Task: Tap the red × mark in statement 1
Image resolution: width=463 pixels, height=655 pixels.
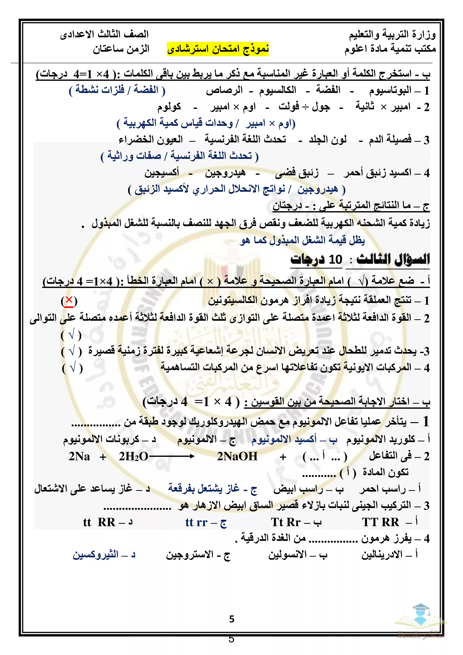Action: tap(69, 301)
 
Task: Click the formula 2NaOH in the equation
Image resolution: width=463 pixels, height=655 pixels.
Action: tap(237, 457)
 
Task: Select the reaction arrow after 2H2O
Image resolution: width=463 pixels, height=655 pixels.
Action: tap(172, 457)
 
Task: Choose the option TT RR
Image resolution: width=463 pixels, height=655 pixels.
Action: tap(380, 522)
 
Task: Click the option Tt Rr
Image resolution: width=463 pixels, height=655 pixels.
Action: tap(286, 522)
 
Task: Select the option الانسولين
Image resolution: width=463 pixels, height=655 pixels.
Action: tap(287, 555)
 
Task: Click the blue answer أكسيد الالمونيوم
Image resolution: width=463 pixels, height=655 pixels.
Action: tap(284, 439)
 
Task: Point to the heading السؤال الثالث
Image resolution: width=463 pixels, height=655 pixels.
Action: tap(393, 260)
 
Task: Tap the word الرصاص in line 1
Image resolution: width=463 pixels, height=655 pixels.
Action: tap(224, 90)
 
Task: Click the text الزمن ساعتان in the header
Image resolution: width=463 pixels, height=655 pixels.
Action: tap(121, 49)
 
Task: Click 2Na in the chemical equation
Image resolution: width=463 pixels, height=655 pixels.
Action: tap(79, 457)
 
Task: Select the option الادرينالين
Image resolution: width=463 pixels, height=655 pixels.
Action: tap(382, 555)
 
